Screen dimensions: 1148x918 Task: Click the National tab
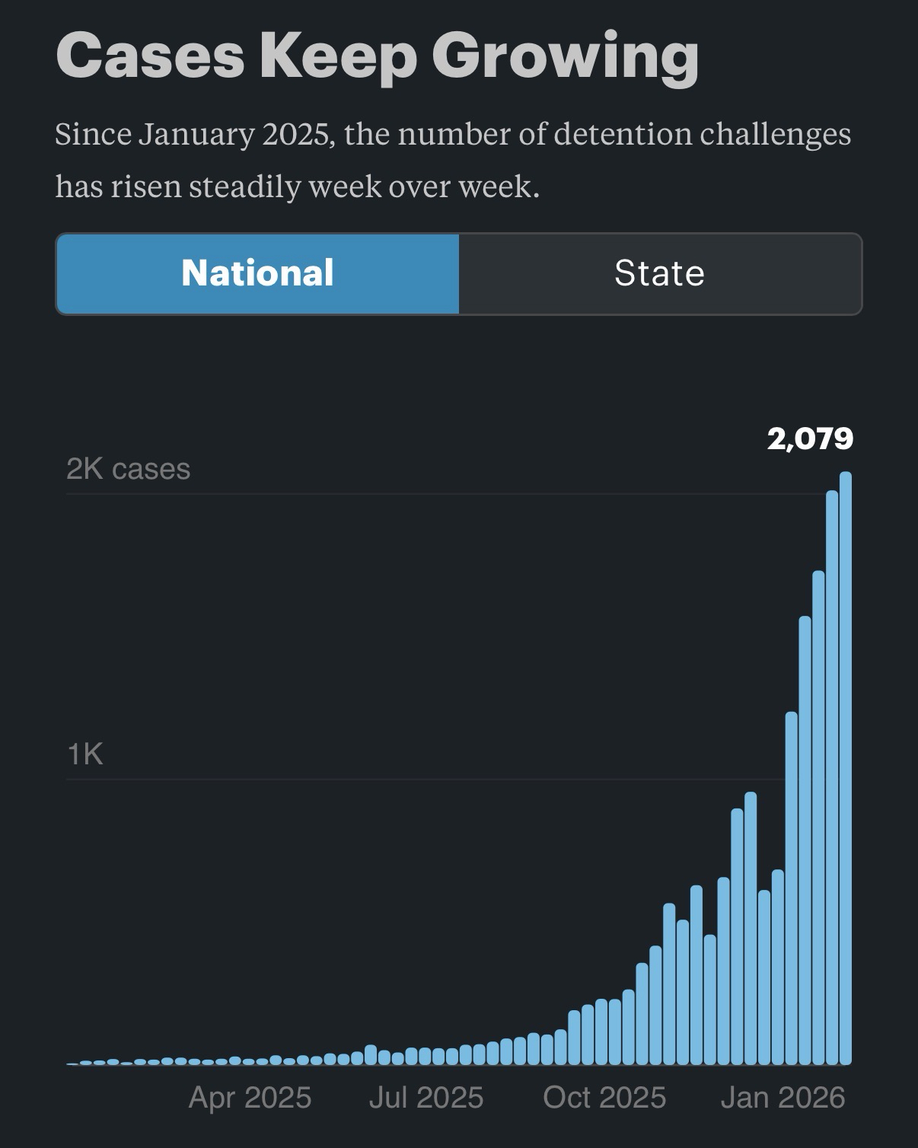click(x=257, y=273)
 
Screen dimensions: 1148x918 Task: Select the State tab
click(x=660, y=273)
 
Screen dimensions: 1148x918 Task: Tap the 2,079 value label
click(x=810, y=438)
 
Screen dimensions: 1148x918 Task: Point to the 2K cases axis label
click(x=128, y=469)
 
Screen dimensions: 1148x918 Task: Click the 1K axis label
click(x=84, y=754)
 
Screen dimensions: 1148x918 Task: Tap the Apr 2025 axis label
click(x=250, y=1098)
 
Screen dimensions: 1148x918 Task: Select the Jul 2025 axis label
click(x=426, y=1098)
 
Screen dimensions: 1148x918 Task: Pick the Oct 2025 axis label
click(x=604, y=1098)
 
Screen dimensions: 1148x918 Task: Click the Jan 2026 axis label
click(x=783, y=1098)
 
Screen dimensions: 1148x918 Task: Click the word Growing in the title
click(x=565, y=56)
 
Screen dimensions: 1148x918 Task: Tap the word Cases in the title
click(x=150, y=55)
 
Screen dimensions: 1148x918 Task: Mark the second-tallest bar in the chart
click(x=832, y=776)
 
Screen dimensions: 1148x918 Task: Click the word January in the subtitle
click(x=196, y=135)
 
